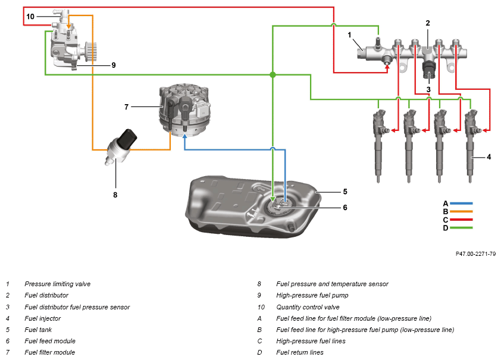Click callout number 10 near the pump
[x=30, y=16]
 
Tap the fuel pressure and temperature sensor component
[x=121, y=147]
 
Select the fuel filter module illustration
[x=184, y=110]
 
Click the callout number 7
[x=127, y=107]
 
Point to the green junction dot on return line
[x=273, y=75]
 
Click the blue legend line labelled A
[x=461, y=203]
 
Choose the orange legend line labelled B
[x=461, y=211]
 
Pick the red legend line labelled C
[x=461, y=220]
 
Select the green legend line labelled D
[x=461, y=228]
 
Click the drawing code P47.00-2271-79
[x=475, y=253]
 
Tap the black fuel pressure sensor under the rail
[x=429, y=70]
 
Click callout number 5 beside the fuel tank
[x=345, y=192]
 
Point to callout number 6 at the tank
[x=345, y=208]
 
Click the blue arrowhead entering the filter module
[x=184, y=136]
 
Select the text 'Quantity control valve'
[x=308, y=307]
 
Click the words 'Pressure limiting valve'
[x=58, y=284]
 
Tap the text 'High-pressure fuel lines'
[x=311, y=341]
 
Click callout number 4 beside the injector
[x=489, y=157]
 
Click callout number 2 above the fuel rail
[x=428, y=23]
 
